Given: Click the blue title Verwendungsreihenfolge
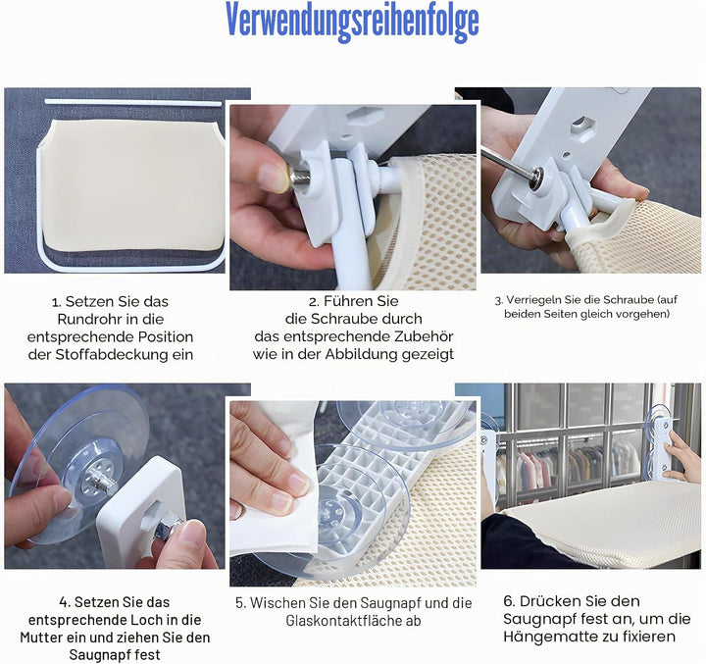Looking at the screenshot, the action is pos(352,21).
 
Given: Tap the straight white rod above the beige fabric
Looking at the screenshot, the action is pos(133,103).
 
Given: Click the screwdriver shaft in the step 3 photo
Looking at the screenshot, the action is pos(507,161).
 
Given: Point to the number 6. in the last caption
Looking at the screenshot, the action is pos(509,601).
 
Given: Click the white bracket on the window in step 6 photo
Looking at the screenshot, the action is pos(662,446).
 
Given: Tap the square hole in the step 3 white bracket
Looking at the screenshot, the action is pos(581,127).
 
